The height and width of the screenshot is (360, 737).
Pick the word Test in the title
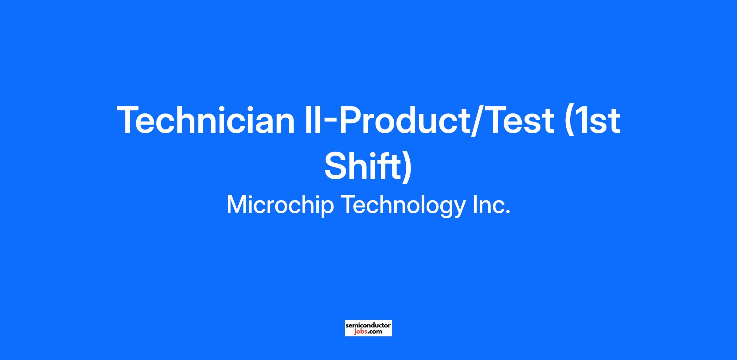point(520,120)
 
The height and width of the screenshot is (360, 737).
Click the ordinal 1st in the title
point(597,120)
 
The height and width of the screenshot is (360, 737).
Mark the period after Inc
point(507,211)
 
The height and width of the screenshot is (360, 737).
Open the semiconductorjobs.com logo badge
point(368,328)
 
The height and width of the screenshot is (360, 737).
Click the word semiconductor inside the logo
point(368,325)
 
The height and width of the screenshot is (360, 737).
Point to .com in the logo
point(375,332)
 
